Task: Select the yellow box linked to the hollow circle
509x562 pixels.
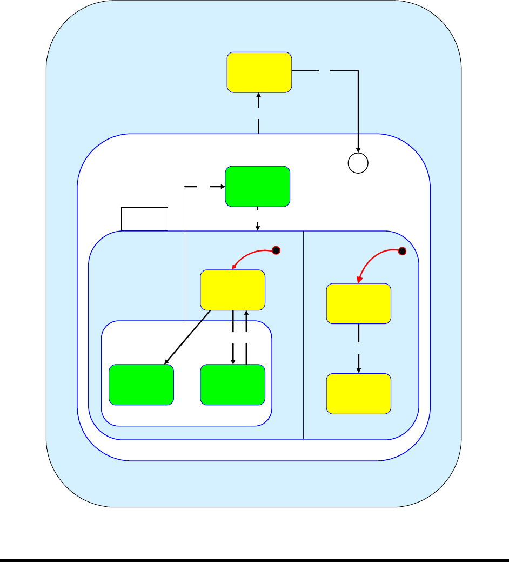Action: coord(259,72)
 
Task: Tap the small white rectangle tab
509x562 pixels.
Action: coord(144,219)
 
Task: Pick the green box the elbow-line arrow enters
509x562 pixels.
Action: coord(257,187)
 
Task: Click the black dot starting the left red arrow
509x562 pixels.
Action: coord(276,250)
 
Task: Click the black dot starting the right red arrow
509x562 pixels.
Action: coord(401,250)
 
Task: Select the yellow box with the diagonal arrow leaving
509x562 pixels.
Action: coord(233,290)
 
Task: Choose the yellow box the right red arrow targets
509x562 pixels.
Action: coord(359,303)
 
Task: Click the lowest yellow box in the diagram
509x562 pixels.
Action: coord(359,393)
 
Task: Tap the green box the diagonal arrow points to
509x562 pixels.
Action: coord(141,385)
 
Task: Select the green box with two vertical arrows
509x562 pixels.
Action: coord(233,385)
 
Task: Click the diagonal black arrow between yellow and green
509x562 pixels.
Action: coord(187,337)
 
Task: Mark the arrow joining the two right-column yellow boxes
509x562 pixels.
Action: coord(359,349)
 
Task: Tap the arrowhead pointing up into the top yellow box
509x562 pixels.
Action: coord(259,96)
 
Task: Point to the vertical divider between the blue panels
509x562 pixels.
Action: coord(304,335)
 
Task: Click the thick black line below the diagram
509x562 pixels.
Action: coord(254,559)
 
